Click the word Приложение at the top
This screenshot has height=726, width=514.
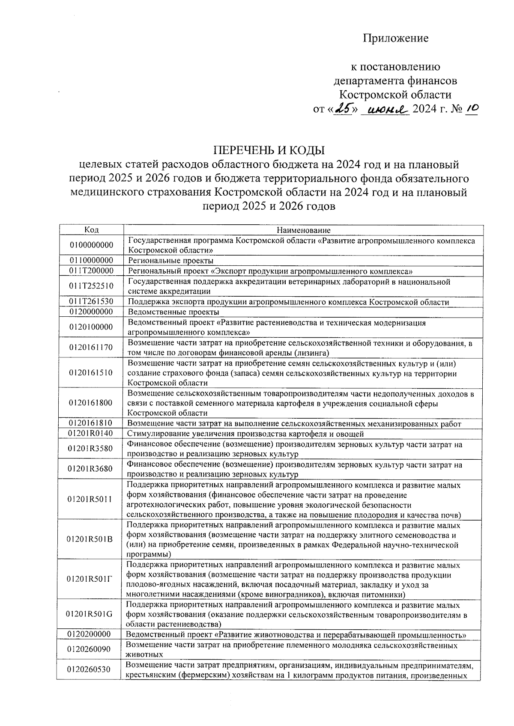click(x=395, y=39)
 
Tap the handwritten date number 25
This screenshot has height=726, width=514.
click(x=344, y=110)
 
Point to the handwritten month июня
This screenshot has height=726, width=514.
click(x=385, y=110)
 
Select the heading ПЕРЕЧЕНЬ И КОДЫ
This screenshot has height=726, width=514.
click(x=269, y=150)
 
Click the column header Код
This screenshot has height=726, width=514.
click(x=91, y=230)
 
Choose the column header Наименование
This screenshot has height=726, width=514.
click(x=303, y=230)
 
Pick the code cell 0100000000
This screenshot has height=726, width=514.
click(x=91, y=245)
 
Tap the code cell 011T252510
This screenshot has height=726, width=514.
click(x=91, y=286)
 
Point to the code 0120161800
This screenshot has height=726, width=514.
click(x=91, y=402)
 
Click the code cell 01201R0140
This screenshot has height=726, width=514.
click(x=91, y=434)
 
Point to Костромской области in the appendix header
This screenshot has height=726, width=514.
click(x=395, y=95)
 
